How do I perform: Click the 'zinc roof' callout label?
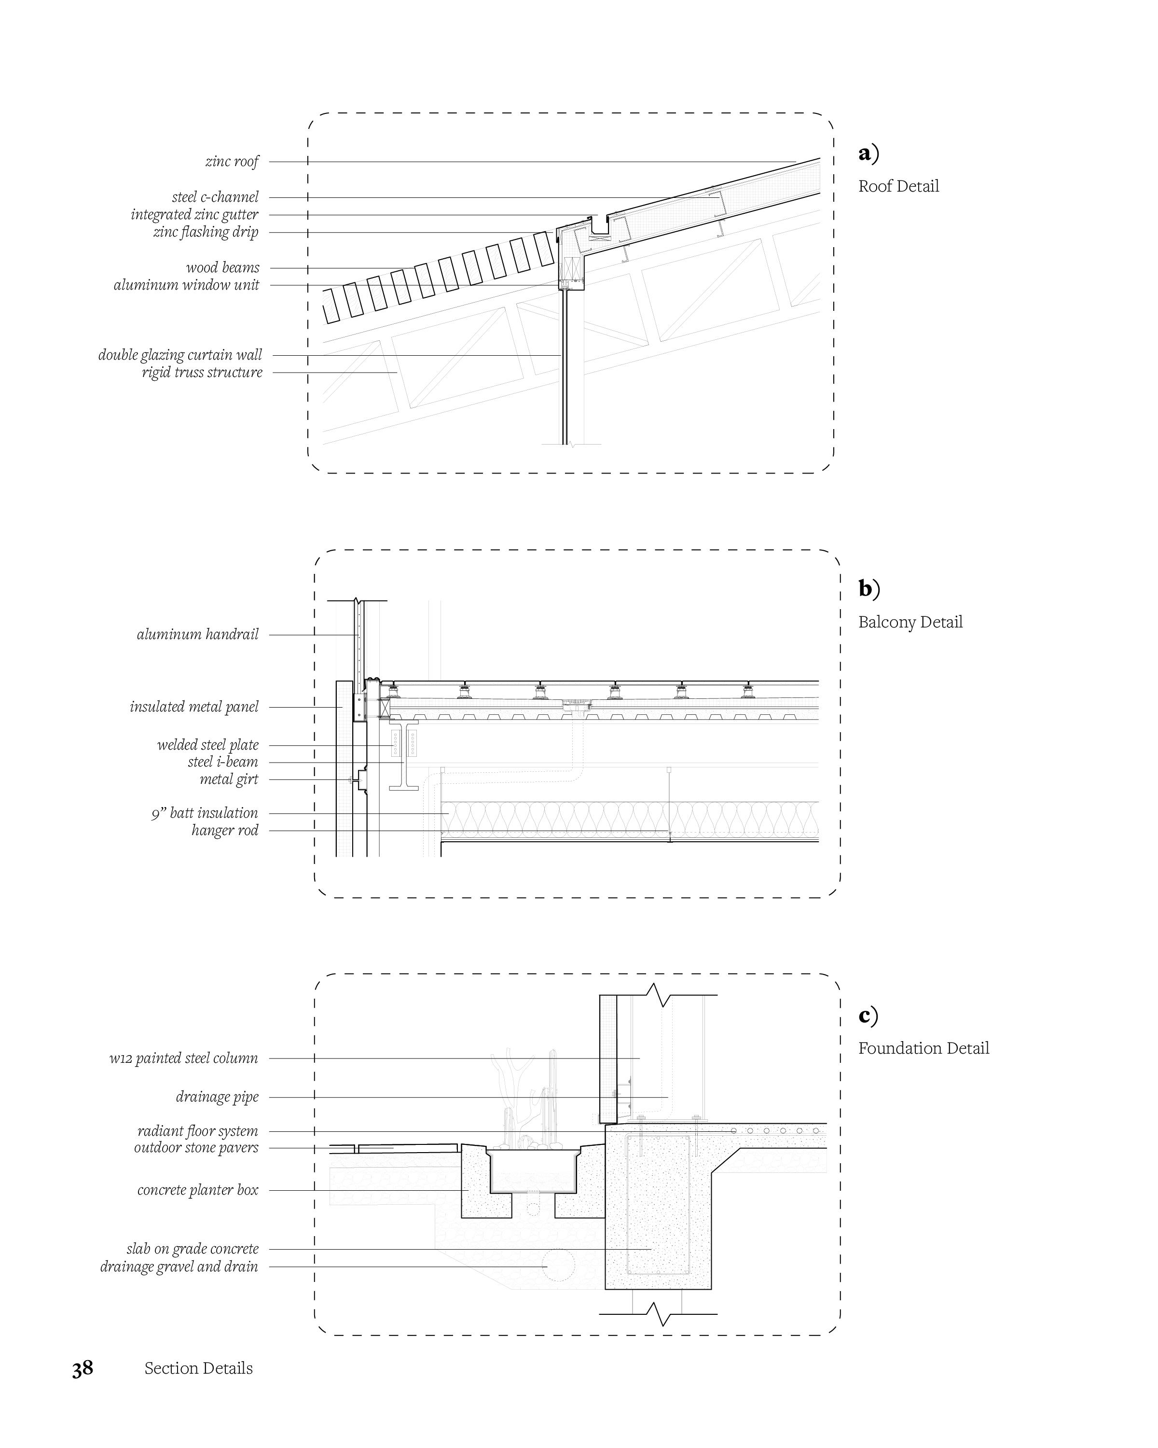[x=232, y=162]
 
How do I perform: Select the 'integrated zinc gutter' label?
[x=194, y=215]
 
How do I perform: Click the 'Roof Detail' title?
[x=898, y=187]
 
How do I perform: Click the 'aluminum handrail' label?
[x=197, y=635]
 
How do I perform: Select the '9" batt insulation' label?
[x=204, y=813]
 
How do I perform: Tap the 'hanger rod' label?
[x=224, y=831]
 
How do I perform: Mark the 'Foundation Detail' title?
[x=923, y=1048]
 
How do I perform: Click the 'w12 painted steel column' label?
[x=183, y=1058]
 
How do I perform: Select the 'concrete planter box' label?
[x=197, y=1190]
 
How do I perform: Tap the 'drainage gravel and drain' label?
[x=179, y=1267]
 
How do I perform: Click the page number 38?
[x=83, y=1369]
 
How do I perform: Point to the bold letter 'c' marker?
[x=865, y=1015]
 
